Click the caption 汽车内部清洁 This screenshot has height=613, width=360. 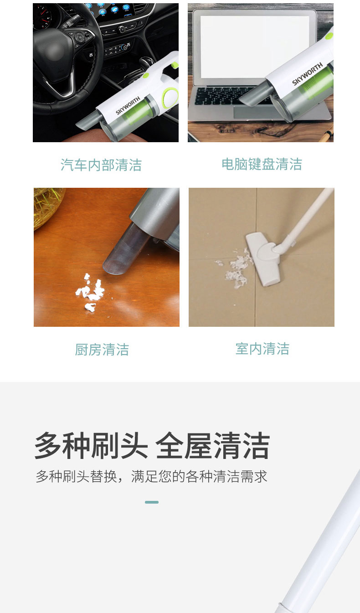click(x=101, y=165)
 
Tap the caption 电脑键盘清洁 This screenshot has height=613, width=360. click(x=262, y=164)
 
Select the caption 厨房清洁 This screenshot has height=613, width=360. click(x=102, y=350)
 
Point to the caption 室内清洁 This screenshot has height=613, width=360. click(x=262, y=349)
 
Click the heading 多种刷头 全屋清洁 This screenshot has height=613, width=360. click(x=152, y=446)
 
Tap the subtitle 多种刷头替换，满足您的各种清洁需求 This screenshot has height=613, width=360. click(x=152, y=476)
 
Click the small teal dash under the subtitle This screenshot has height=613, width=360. click(x=152, y=502)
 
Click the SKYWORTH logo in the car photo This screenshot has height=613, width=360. click(x=128, y=106)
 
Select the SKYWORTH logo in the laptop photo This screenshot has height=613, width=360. click(x=307, y=74)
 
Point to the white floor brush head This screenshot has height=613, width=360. click(x=263, y=258)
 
